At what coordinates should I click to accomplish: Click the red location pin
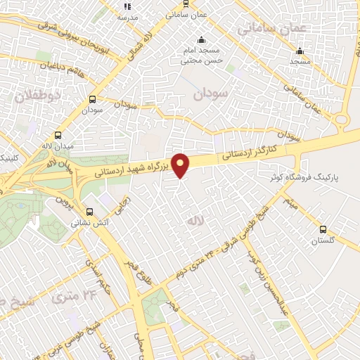(181, 165)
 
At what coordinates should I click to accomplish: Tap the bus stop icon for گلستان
(323, 229)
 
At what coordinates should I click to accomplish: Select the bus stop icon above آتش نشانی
(89, 211)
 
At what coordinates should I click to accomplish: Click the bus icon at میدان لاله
(58, 136)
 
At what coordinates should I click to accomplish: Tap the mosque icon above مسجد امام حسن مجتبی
(202, 39)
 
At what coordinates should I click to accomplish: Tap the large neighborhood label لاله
(194, 221)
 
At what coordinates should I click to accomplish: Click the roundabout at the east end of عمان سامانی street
(342, 119)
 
